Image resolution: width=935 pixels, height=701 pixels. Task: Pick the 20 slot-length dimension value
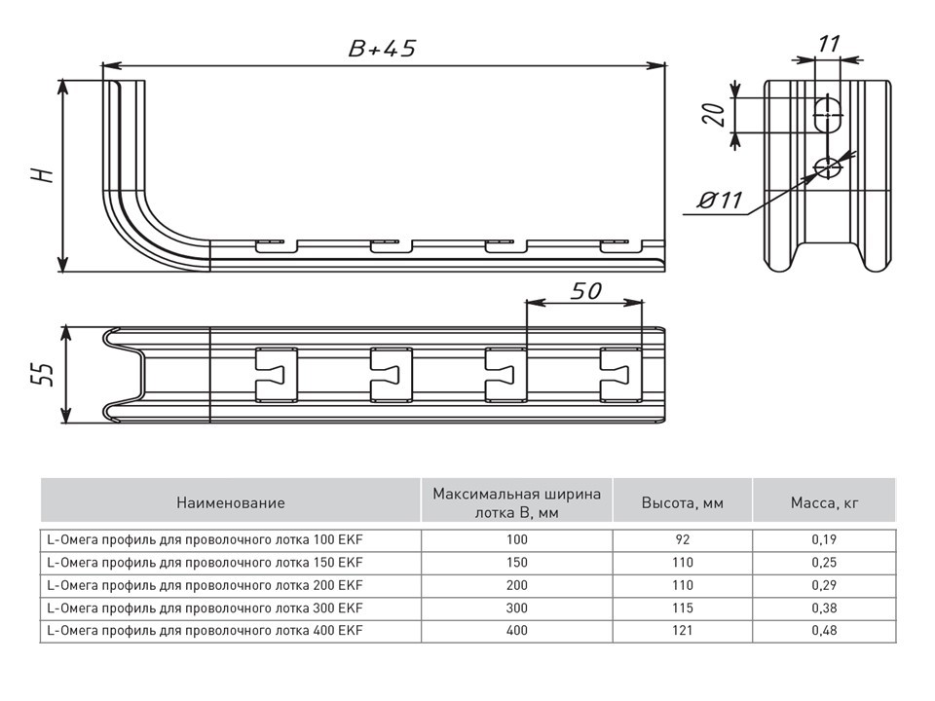tap(714, 115)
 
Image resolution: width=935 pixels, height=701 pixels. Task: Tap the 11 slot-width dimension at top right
tap(829, 43)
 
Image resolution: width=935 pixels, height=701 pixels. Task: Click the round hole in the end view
tap(828, 168)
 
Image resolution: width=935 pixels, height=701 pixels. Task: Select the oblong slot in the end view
tap(828, 115)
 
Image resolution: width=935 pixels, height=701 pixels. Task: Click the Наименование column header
tap(231, 502)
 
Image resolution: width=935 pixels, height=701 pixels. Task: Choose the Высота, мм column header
tap(682, 502)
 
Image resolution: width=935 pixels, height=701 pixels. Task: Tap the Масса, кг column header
tap(823, 502)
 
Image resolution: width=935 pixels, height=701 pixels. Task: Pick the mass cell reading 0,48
tap(823, 631)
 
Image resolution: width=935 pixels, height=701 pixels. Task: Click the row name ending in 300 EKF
tap(205, 608)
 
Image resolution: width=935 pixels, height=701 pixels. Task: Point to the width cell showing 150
tap(516, 562)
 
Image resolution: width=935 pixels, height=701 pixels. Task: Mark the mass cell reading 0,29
tap(823, 585)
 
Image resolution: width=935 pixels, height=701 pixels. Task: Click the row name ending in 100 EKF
tap(205, 538)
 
